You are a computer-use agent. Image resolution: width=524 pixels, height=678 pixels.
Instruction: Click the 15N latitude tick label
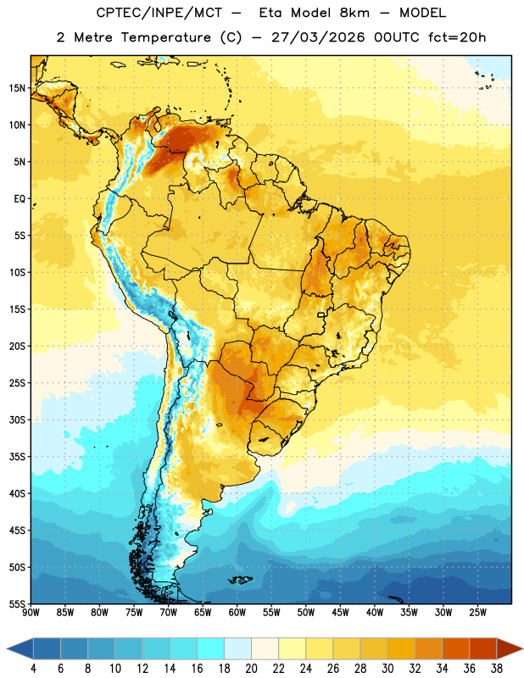17,88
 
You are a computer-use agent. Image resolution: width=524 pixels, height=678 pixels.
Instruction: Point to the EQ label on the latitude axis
20,199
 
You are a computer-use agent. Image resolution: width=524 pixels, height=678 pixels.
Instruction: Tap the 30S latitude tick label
17,420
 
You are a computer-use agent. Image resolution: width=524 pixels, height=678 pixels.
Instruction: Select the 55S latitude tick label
17,604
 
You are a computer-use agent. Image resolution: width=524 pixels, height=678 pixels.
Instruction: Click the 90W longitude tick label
31,613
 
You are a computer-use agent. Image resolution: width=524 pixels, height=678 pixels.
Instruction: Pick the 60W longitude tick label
237,613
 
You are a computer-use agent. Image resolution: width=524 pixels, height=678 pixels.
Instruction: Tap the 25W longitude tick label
477,613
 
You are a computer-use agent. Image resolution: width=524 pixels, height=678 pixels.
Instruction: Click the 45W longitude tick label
340,613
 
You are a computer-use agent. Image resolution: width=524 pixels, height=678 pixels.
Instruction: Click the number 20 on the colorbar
251,669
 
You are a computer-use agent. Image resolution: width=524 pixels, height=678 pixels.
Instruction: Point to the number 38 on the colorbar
496,669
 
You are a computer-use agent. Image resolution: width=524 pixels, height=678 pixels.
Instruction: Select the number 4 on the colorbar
33,669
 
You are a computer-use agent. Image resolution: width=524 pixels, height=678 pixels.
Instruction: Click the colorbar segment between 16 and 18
210,648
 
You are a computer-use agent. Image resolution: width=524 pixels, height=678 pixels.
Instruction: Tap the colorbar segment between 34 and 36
455,648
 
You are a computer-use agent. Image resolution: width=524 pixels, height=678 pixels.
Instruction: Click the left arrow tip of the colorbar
7,648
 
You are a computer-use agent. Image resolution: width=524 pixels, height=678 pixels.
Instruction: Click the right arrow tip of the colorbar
522,648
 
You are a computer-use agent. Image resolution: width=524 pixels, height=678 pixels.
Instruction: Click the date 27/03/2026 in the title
318,37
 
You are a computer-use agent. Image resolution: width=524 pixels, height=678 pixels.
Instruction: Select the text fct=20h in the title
457,37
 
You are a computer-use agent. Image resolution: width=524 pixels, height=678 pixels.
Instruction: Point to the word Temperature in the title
165,37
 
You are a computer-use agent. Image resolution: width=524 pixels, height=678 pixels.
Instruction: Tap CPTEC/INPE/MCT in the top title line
159,13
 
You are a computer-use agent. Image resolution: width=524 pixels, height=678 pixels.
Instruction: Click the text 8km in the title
354,13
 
